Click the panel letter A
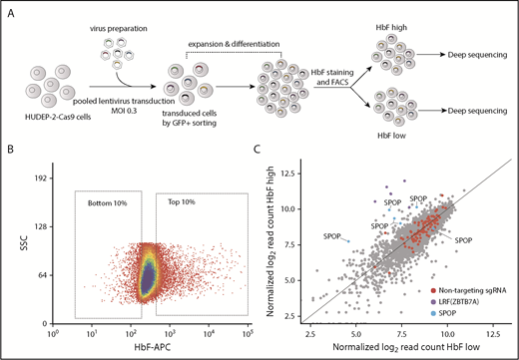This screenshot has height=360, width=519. pos(9,9)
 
